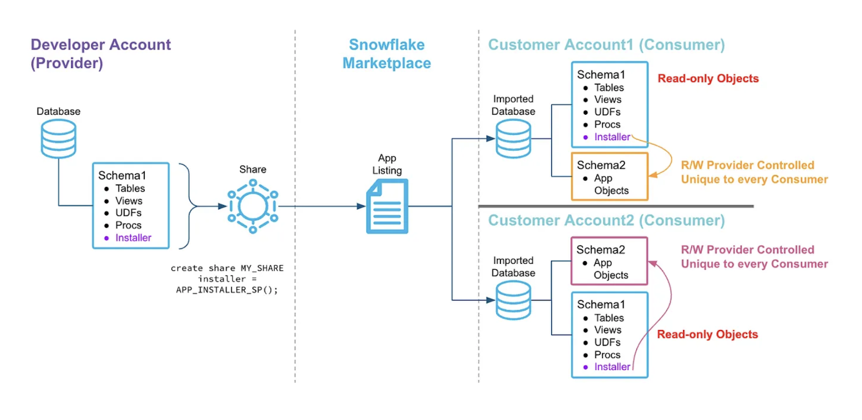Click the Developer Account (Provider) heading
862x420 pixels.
point(100,53)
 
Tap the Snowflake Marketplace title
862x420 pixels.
point(386,53)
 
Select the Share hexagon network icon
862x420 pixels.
point(253,206)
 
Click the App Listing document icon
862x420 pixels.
point(387,207)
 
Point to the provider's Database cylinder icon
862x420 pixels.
point(59,138)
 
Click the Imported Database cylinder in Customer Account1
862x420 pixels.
point(513,138)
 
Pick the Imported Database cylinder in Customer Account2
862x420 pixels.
point(513,300)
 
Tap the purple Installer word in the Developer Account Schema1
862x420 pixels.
point(133,237)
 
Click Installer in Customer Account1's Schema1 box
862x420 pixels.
point(612,137)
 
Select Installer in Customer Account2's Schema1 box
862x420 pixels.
point(612,367)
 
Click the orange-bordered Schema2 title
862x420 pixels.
point(601,165)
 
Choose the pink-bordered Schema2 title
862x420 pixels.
point(600,250)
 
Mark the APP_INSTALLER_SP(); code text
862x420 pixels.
point(227,290)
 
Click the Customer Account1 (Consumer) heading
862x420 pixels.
point(606,45)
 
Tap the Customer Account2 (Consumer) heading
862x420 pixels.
point(606,221)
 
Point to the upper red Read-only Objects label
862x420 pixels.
point(708,79)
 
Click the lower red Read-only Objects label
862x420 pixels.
point(707,334)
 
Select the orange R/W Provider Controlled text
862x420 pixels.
point(747,165)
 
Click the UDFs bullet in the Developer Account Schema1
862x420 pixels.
point(128,213)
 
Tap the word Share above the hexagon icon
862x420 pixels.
point(253,169)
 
